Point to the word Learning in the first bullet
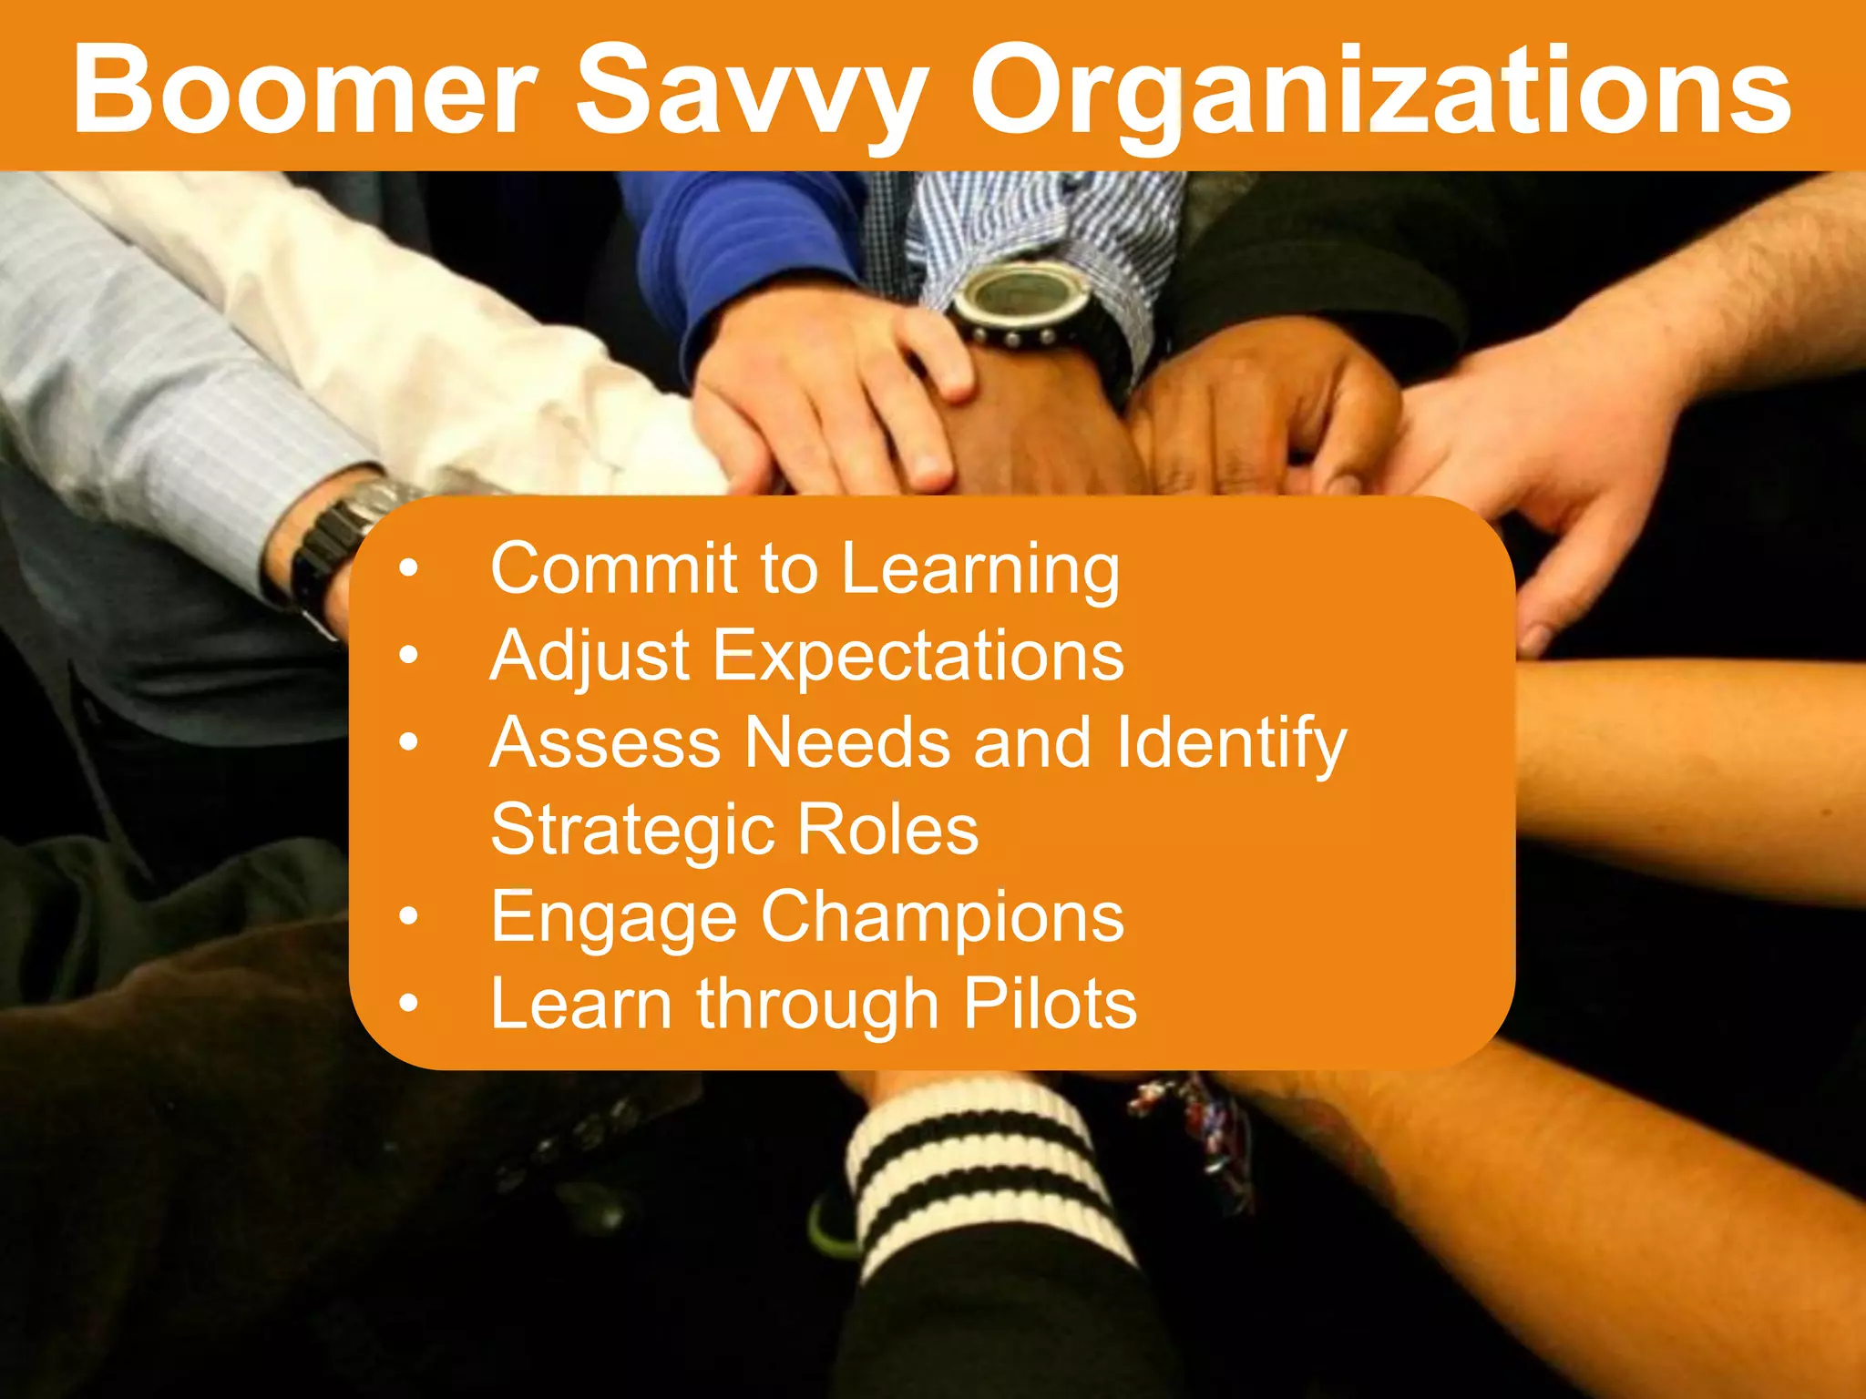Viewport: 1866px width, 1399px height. (x=979, y=570)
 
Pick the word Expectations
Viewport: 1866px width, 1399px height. (x=918, y=656)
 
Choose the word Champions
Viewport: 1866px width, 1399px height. (x=942, y=916)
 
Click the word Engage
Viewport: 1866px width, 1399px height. (x=613, y=918)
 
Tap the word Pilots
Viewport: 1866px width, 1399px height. (x=1050, y=1003)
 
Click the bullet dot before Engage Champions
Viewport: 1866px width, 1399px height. (x=409, y=916)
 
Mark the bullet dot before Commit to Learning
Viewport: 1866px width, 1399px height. (x=409, y=569)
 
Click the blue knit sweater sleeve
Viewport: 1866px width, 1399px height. (x=756, y=246)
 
